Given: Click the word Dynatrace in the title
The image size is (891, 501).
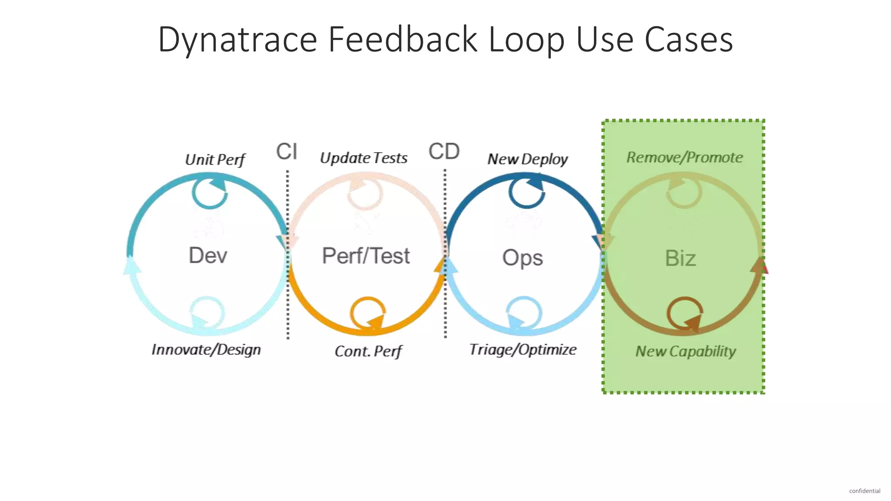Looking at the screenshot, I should [238, 40].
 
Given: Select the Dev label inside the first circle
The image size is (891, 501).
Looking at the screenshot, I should [208, 255].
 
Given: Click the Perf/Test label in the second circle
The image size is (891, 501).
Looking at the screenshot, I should [366, 256].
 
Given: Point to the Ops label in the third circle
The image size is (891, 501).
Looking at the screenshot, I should [523, 257].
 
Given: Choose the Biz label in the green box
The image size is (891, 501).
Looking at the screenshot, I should [680, 258].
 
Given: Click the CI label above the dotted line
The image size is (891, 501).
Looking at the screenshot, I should [287, 151].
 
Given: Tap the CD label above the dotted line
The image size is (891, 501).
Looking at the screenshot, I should [444, 151].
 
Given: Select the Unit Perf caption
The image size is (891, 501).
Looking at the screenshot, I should [215, 160].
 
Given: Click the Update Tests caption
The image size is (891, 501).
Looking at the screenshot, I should [364, 158].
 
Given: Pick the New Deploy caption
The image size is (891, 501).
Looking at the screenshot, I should [527, 159].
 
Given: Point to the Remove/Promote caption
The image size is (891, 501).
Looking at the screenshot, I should [684, 157].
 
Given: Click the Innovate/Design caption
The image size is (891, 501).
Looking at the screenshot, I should [206, 350].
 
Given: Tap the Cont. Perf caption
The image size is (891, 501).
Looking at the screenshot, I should [368, 351].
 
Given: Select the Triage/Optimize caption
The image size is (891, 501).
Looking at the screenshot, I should [523, 350].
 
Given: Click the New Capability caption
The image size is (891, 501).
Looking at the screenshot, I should [686, 351].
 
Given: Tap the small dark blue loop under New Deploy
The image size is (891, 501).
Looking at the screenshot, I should [526, 192].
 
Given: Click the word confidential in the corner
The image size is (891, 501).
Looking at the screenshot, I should [864, 491].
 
